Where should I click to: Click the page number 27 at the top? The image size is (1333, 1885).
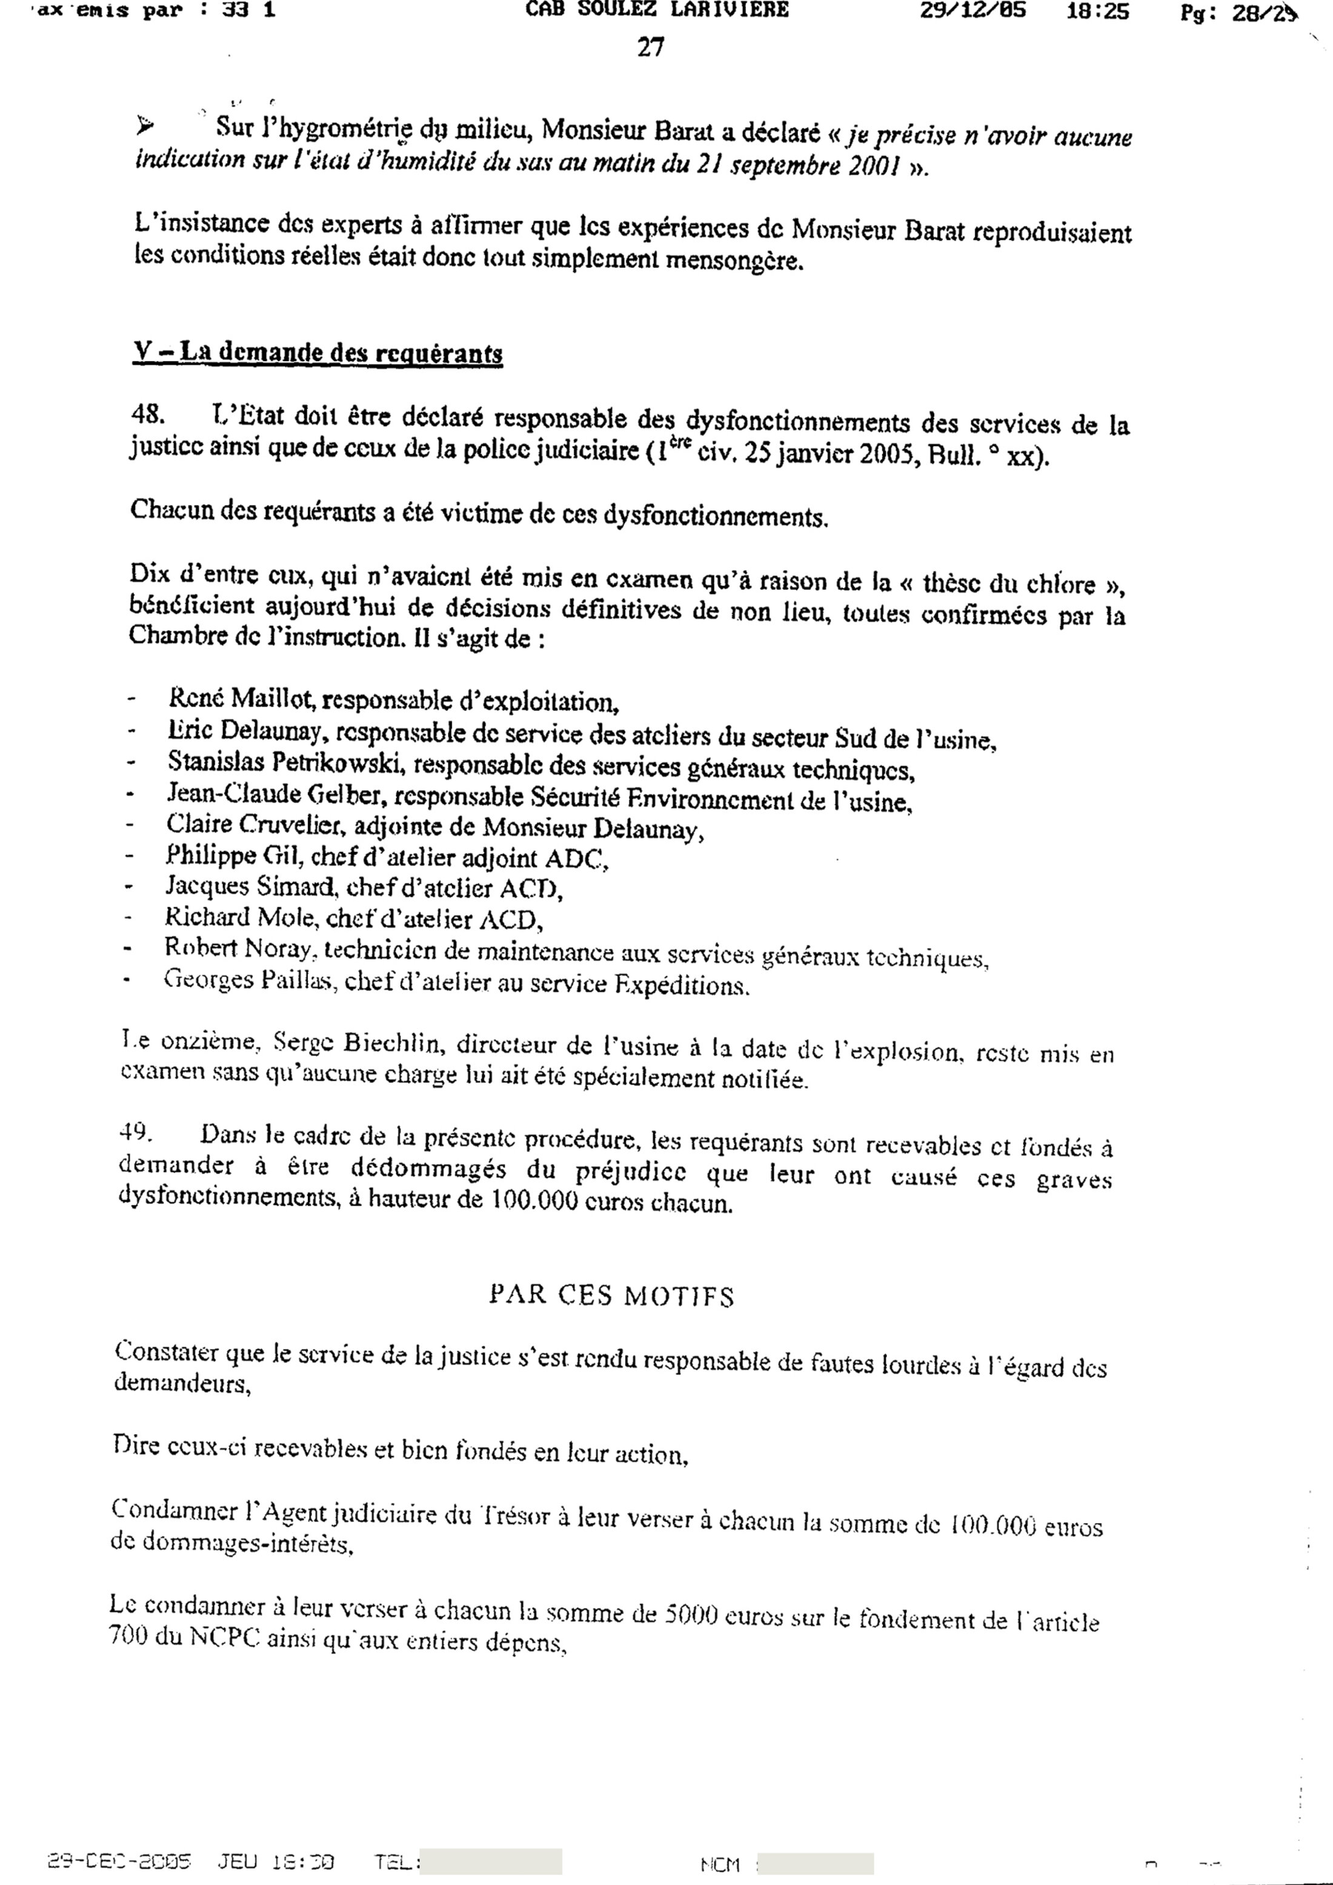tap(650, 48)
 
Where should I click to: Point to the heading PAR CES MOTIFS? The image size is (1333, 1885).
tap(611, 1295)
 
